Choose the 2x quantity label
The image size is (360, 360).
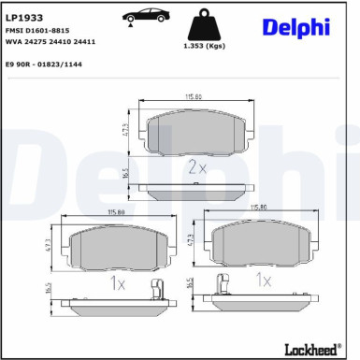[x=196, y=168]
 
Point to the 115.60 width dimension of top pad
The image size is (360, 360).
[x=194, y=96]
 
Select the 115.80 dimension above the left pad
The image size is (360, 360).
[x=116, y=214]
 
